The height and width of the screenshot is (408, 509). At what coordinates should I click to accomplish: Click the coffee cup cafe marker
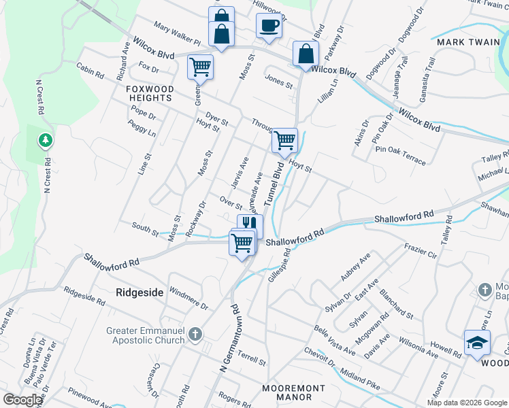(x=269, y=25)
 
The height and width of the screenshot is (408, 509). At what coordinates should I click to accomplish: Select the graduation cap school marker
(x=477, y=342)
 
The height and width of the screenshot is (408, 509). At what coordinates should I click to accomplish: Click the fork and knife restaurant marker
(x=250, y=223)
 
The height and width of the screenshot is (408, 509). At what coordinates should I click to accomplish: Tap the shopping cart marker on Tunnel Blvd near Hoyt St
(x=284, y=140)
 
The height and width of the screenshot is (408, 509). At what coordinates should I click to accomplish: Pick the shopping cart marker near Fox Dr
(x=200, y=67)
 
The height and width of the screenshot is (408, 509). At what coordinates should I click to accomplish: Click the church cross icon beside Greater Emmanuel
(x=195, y=335)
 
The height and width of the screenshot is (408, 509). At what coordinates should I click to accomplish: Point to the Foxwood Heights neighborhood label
(x=150, y=94)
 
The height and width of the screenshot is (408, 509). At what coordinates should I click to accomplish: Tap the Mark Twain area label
(x=459, y=41)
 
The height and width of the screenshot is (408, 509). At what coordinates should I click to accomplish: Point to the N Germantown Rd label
(x=229, y=337)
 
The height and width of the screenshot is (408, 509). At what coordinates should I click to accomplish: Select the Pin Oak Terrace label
(x=399, y=154)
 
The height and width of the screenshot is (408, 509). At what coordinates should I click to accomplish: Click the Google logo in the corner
(x=22, y=399)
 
